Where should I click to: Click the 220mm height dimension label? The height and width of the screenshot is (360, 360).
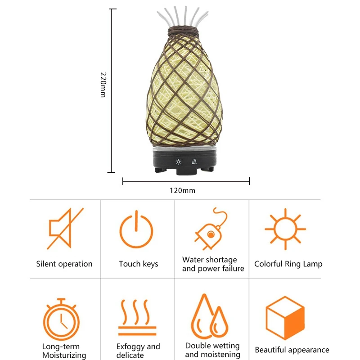coord(103,85)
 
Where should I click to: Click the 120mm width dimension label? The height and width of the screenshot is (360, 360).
coord(183,190)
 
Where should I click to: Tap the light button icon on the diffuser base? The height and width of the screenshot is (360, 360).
coord(178,162)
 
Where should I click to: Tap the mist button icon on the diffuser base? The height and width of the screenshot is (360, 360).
coord(194,162)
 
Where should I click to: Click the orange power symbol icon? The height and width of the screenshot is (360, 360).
coord(136,229)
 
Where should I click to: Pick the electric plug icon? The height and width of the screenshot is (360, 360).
coord(210,229)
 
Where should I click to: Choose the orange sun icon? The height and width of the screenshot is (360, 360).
coord(285,229)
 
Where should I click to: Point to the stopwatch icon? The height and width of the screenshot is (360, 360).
coord(61,319)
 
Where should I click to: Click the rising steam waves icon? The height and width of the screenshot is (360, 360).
coord(137,318)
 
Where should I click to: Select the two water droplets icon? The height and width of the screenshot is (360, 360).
coord(209,316)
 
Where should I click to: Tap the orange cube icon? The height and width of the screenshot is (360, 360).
coord(285,318)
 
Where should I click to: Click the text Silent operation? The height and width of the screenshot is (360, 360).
coord(64,264)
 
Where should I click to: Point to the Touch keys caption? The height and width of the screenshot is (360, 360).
coord(139,264)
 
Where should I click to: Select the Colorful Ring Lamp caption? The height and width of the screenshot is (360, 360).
coord(288,264)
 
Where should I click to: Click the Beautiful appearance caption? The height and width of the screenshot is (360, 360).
coord(292,350)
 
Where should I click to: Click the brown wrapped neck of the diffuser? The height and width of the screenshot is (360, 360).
coord(183,31)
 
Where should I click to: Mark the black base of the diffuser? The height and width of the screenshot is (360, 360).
coord(184,161)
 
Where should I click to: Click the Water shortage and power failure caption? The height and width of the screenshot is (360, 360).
coord(213,264)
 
